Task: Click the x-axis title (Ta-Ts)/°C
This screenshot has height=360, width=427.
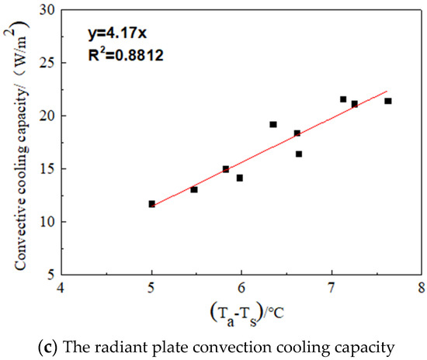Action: coord(241,314)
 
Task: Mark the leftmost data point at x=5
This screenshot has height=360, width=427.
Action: coord(152,204)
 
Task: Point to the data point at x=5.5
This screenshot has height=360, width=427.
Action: coord(194,189)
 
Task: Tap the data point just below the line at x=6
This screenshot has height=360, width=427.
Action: coord(240,178)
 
